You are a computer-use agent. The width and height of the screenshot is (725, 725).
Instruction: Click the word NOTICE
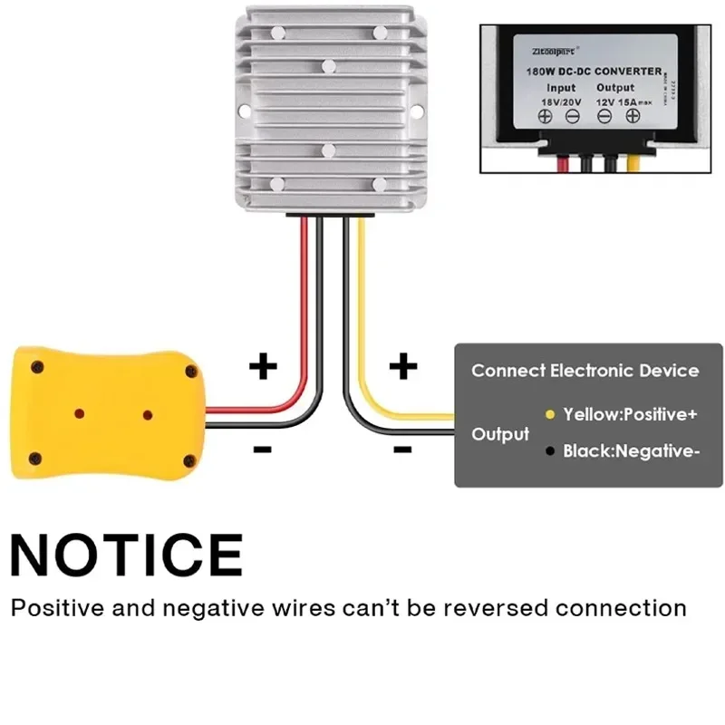point(127,554)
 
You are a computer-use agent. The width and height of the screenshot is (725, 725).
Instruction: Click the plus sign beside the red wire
point(263,367)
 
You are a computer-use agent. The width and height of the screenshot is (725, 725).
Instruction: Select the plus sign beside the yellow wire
point(402,367)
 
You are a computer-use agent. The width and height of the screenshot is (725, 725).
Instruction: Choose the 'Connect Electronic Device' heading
point(585,371)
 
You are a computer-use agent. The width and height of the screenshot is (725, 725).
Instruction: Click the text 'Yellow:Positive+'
point(630,414)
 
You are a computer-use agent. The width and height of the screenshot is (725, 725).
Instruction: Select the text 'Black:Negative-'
point(631,450)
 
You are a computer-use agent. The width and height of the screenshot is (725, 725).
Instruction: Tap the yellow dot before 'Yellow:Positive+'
point(549,414)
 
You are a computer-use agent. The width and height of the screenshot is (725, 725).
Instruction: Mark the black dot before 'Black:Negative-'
point(549,450)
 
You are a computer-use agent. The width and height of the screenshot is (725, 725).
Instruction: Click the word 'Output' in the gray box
point(500,434)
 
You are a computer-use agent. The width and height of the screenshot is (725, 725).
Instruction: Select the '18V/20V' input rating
point(561,101)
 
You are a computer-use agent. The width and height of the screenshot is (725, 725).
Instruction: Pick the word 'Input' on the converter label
point(561,88)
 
